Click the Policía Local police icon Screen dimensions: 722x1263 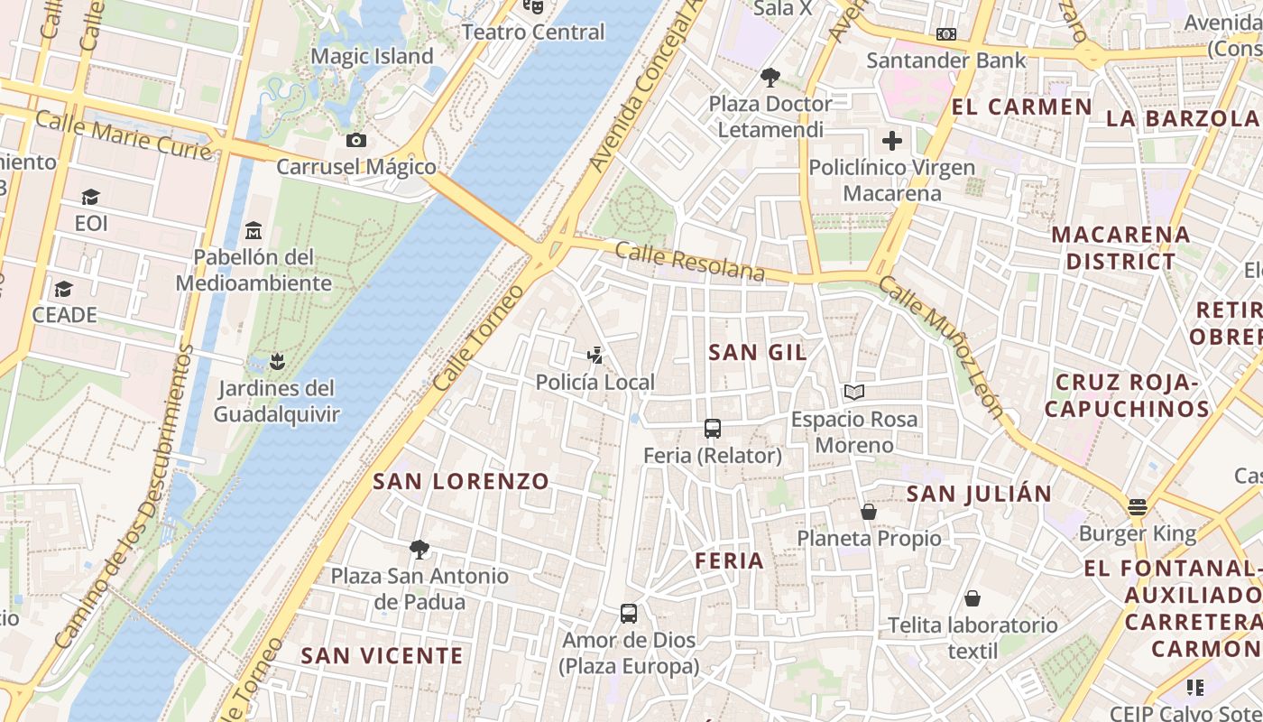pyautogui.click(x=595, y=355)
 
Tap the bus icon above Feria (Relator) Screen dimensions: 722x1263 pyautogui.click(x=713, y=428)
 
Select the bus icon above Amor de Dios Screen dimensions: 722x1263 pyautogui.click(x=629, y=614)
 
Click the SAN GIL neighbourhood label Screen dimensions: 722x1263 pyautogui.click(x=758, y=352)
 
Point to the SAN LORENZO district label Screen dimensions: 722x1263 pyautogui.click(x=461, y=481)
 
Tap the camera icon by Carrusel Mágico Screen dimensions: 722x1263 pyautogui.click(x=356, y=140)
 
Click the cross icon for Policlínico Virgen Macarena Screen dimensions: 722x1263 pyautogui.click(x=892, y=141)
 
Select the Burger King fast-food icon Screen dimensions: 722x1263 pyautogui.click(x=1137, y=506)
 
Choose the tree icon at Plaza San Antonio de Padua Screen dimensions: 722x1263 pyautogui.click(x=419, y=549)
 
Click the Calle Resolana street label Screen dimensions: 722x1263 pyautogui.click(x=690, y=261)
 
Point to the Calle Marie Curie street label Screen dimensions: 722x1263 pyautogui.click(x=124, y=135)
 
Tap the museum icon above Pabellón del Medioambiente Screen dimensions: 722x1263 pyautogui.click(x=254, y=230)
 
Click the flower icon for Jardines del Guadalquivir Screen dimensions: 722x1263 pyautogui.click(x=278, y=362)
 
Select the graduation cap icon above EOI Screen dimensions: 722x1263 pyautogui.click(x=90, y=197)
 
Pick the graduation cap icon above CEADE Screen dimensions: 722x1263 pyautogui.click(x=63, y=289)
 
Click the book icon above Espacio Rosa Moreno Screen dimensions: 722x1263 pyautogui.click(x=853, y=392)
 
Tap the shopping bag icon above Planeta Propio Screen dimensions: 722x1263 pyautogui.click(x=869, y=512)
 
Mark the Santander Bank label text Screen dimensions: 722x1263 pyautogui.click(x=946, y=60)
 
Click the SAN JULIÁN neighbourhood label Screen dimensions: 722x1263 pyautogui.click(x=979, y=494)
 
